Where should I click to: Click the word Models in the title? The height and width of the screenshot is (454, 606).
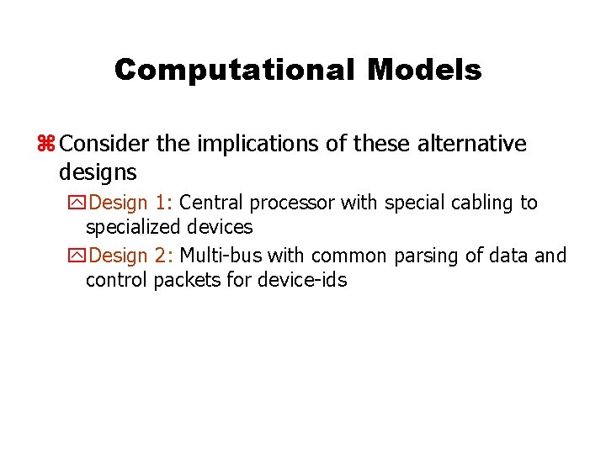tap(424, 70)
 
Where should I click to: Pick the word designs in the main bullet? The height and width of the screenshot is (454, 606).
tap(98, 172)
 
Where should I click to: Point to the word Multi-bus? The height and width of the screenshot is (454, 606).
tap(221, 255)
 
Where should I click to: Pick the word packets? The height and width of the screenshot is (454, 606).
tap(188, 279)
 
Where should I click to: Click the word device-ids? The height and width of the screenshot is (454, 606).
tap(303, 279)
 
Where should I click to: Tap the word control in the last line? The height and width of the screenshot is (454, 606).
tap(116, 279)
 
